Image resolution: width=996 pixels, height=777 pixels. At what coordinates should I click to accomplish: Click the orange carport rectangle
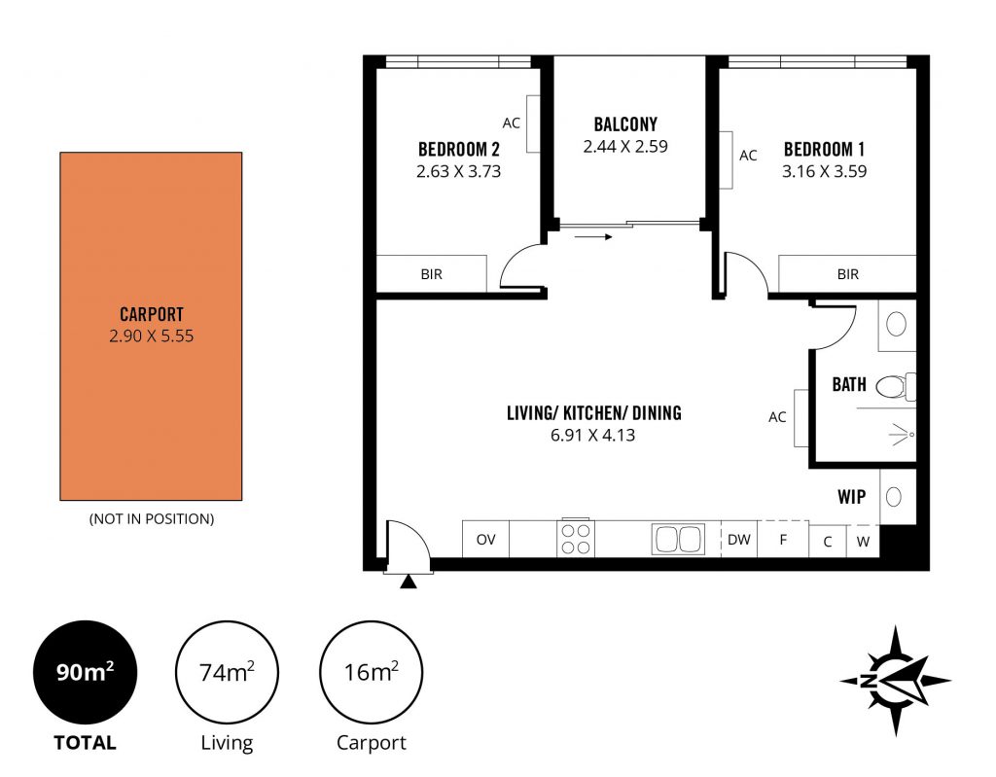click(151, 326)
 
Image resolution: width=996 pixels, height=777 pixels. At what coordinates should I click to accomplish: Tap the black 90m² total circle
click(86, 672)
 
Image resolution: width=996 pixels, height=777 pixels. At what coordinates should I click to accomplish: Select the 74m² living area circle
click(227, 672)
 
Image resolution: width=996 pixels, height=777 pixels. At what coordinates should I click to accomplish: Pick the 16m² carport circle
click(371, 672)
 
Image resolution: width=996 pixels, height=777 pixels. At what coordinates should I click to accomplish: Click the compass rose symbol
click(895, 681)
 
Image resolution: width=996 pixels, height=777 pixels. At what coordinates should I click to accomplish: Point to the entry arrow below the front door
click(409, 581)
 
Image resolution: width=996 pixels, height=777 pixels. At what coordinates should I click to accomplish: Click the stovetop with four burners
click(576, 539)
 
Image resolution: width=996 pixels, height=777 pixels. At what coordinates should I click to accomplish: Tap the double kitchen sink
click(678, 540)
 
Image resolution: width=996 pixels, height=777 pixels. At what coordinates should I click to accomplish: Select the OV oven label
click(486, 540)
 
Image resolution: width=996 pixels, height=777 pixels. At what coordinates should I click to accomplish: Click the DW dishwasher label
click(739, 540)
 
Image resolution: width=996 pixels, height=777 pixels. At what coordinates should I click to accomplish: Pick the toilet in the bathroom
click(896, 386)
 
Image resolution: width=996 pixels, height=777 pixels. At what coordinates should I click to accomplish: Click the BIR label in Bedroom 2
click(431, 274)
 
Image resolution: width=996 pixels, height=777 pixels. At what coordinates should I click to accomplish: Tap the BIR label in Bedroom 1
click(848, 274)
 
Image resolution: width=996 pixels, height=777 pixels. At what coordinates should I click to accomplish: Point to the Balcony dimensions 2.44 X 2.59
click(625, 146)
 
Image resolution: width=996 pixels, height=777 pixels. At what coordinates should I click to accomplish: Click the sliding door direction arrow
click(593, 237)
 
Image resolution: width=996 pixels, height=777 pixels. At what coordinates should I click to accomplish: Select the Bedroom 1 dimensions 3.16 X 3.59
click(825, 171)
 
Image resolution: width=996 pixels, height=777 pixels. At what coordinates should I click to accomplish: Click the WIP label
click(852, 496)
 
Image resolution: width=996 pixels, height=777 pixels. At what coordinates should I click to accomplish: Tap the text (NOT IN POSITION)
click(152, 519)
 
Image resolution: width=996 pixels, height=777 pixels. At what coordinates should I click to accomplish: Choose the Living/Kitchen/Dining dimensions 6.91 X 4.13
click(592, 436)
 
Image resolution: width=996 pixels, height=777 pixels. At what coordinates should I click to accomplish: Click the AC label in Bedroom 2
click(512, 124)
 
